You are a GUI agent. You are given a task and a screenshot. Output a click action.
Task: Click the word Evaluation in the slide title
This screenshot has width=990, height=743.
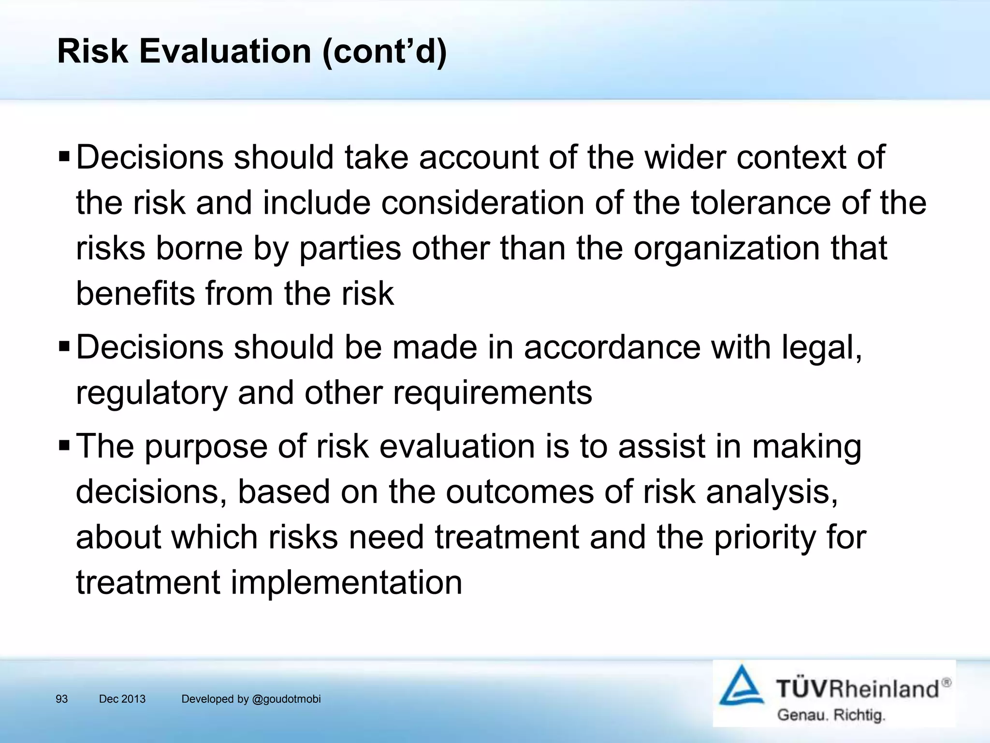point(225,51)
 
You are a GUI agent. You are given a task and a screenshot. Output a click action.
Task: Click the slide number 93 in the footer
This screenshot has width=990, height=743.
point(62,699)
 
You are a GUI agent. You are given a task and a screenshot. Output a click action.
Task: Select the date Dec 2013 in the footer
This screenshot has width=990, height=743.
point(122,699)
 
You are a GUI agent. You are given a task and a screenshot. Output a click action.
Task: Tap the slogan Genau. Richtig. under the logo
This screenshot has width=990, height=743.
point(831,715)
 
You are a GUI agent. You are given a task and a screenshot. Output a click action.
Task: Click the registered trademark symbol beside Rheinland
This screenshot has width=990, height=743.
point(946,683)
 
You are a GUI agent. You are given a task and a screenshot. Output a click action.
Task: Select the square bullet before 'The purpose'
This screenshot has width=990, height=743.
point(64,445)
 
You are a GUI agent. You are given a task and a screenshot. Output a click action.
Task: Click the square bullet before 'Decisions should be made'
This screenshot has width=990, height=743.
point(64,346)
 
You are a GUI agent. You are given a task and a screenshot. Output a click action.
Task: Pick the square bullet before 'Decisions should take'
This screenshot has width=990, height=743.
point(64,157)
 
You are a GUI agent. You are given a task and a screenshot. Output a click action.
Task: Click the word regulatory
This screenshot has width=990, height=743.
point(151,393)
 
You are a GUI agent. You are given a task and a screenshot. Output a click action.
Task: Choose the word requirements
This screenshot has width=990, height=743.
point(492,393)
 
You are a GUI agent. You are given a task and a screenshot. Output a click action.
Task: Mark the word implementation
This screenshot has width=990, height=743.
point(346,582)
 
